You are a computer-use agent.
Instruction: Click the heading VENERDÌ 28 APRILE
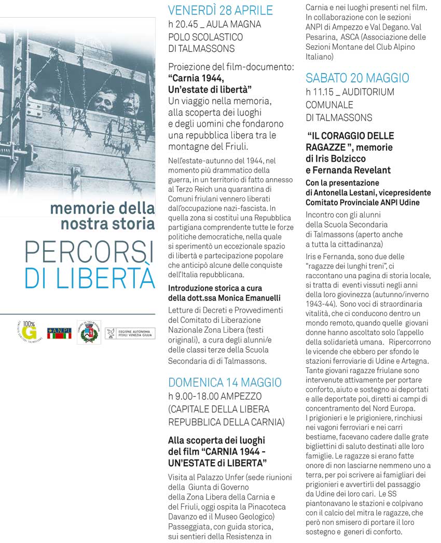pyautogui.click(x=220, y=10)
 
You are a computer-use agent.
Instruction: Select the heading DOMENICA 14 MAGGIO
pyautogui.click(x=225, y=382)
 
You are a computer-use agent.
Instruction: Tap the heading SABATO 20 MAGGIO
pyautogui.click(x=357, y=78)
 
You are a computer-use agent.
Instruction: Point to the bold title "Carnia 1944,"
pyautogui.click(x=196, y=78)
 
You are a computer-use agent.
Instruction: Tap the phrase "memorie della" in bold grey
pyautogui.click(x=102, y=209)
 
